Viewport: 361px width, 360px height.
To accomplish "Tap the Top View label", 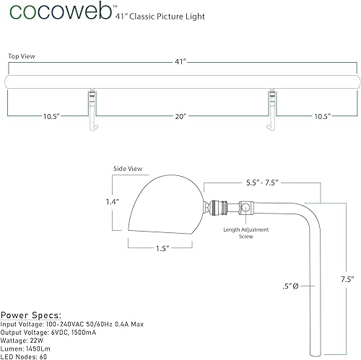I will tap(22, 55).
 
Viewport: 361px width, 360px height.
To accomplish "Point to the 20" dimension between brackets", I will tap(180, 115).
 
